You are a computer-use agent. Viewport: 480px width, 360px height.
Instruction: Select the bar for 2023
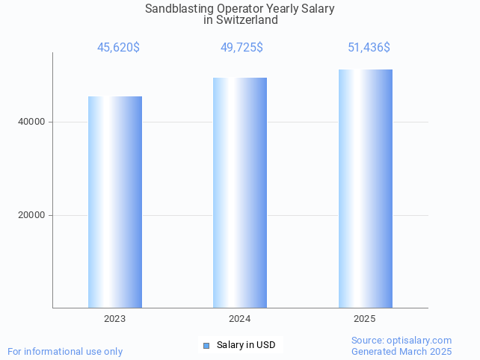click(115, 202)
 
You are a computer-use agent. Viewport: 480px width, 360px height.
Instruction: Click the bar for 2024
click(240, 193)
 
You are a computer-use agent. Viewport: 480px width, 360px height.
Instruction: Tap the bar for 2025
click(365, 188)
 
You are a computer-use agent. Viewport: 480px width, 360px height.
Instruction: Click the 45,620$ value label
click(118, 48)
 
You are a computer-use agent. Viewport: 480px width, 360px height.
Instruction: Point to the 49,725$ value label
click(241, 48)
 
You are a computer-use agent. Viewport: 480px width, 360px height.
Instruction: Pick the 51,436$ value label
click(369, 48)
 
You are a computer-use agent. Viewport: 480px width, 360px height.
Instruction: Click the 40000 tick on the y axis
click(31, 122)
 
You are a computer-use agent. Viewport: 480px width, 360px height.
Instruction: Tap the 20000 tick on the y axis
click(31, 215)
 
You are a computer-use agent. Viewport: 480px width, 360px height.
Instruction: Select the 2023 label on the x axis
click(115, 319)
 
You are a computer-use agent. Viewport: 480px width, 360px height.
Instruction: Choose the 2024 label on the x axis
click(240, 319)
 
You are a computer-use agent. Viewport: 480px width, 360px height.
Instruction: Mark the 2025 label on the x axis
click(365, 319)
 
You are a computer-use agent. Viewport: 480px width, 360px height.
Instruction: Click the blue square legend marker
click(206, 345)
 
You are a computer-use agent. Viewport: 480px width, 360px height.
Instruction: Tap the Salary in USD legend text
click(246, 345)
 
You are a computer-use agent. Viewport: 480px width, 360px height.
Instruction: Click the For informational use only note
click(65, 351)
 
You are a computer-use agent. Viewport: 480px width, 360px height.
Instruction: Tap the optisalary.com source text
click(419, 340)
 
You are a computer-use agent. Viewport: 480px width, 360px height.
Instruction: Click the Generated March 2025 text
click(401, 351)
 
